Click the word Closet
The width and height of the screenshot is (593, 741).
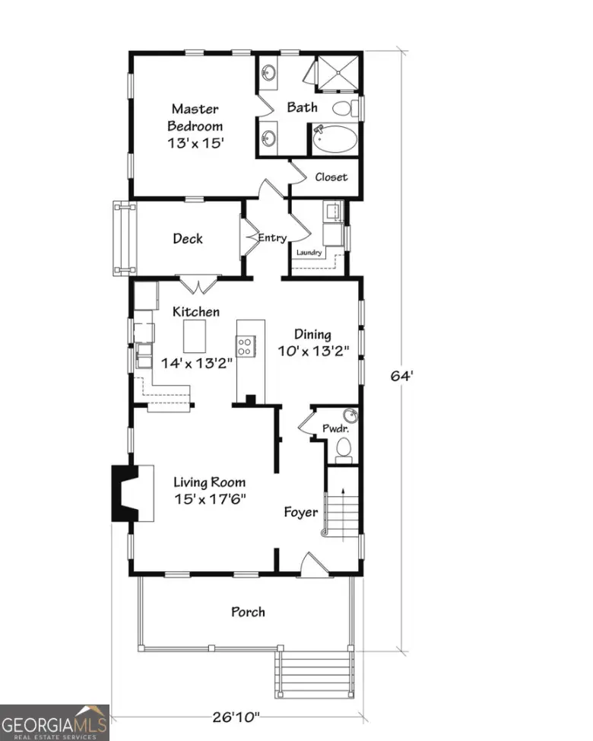(x=331, y=177)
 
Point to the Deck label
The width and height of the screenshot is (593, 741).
(x=188, y=239)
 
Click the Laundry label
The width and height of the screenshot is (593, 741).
(x=309, y=253)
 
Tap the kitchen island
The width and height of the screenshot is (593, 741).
(x=195, y=335)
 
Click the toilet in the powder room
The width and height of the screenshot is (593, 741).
(x=344, y=448)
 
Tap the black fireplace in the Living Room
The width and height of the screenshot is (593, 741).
(x=123, y=492)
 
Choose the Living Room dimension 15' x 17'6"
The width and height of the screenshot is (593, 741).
(x=209, y=499)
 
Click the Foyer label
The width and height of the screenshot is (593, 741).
(x=301, y=512)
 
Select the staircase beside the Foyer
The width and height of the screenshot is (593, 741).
(x=342, y=506)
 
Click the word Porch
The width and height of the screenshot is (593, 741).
(x=248, y=612)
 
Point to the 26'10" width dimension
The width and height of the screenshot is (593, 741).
(x=236, y=716)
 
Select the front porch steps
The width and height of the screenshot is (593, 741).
(x=315, y=673)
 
